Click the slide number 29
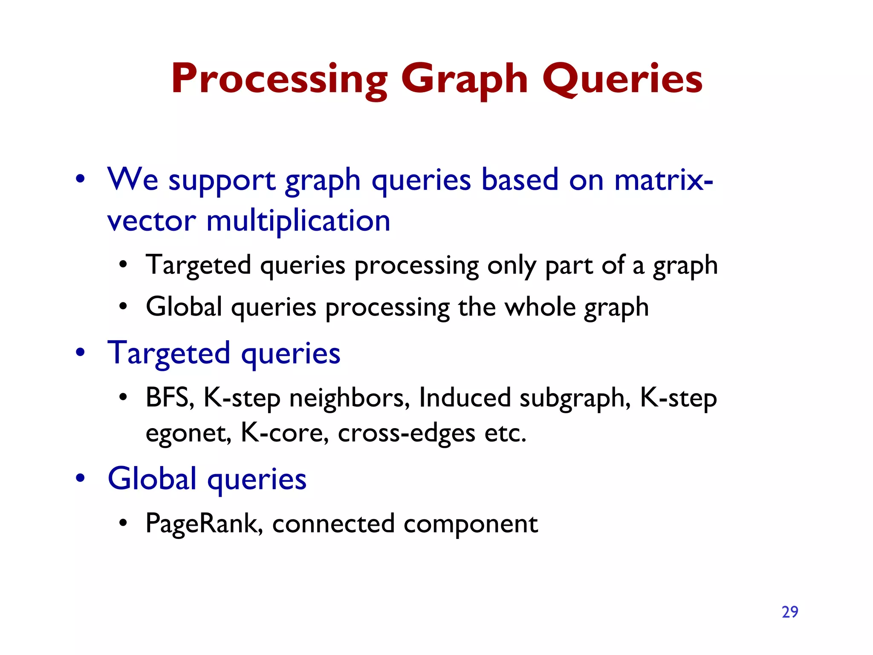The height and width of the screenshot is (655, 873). [x=790, y=612]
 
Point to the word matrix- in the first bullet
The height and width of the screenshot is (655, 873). [x=663, y=180]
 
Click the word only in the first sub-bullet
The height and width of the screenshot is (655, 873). [x=512, y=265]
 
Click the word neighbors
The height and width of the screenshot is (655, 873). [x=350, y=397]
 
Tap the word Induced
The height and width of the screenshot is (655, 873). [x=465, y=397]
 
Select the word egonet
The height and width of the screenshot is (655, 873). [x=188, y=433]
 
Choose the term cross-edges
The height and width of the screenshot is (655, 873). [x=406, y=433]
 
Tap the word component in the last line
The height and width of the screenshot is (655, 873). [x=471, y=524]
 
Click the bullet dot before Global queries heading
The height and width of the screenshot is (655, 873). [x=80, y=478]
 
